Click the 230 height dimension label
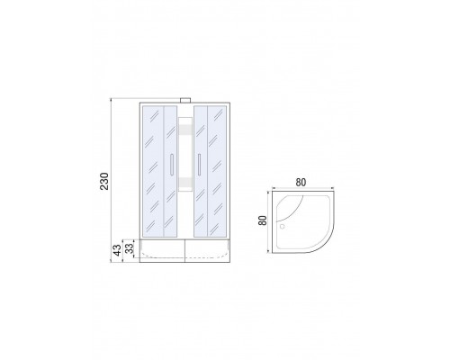[104, 181]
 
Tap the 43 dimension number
[118, 250]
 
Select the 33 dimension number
[129, 248]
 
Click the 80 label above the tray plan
[301, 182]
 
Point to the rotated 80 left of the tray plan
[263, 220]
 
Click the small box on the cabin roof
[185, 100]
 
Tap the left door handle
[171, 165]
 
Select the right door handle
[199, 165]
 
